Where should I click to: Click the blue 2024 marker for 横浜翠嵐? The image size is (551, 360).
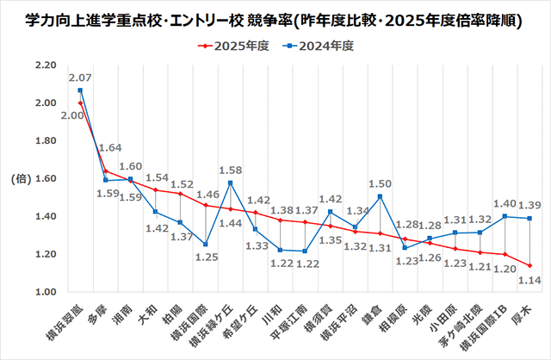(x=80, y=90)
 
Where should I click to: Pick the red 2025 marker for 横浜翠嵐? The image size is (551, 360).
(x=80, y=103)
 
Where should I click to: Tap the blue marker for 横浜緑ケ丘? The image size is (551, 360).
(x=230, y=183)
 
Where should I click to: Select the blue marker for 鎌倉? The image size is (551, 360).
(x=380, y=197)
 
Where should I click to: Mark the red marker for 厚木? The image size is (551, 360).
(x=529, y=265)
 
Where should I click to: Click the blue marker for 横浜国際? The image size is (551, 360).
(x=205, y=245)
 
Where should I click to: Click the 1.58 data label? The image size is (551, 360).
(x=230, y=170)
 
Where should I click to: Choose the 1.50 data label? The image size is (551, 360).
(x=380, y=184)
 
